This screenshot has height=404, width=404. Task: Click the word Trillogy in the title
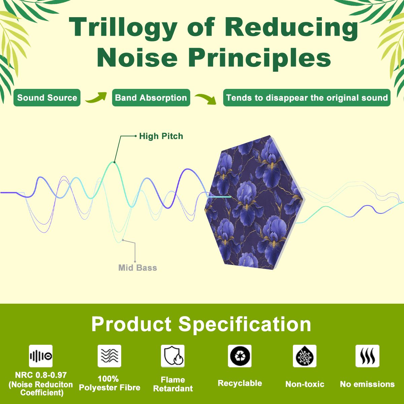pyautogui.click(x=123, y=29)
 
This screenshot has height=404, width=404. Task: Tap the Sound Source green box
pyautogui.click(x=47, y=98)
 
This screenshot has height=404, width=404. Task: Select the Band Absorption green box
pyautogui.click(x=151, y=98)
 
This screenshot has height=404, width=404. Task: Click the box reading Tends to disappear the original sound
pyautogui.click(x=307, y=98)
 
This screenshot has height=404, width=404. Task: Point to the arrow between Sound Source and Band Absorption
pyautogui.click(x=96, y=98)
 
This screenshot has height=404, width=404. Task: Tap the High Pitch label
pyautogui.click(x=161, y=136)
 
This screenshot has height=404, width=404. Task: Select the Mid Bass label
pyautogui.click(x=138, y=268)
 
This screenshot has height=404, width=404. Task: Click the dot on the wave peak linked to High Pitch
pyautogui.click(x=114, y=162)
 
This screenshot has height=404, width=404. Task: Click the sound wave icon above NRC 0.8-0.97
pyautogui.click(x=41, y=356)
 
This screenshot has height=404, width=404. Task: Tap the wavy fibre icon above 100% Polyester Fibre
pyautogui.click(x=109, y=356)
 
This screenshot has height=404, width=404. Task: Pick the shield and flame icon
pyautogui.click(x=173, y=356)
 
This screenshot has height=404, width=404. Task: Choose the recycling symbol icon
pyautogui.click(x=240, y=356)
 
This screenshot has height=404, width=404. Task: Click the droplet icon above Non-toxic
pyautogui.click(x=305, y=356)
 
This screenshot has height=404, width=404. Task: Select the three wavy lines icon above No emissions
pyautogui.click(x=368, y=356)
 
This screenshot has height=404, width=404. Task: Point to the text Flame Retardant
pyautogui.click(x=173, y=384)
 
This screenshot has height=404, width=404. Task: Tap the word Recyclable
pyautogui.click(x=240, y=383)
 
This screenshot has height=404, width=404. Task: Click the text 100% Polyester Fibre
pyautogui.click(x=109, y=383)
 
